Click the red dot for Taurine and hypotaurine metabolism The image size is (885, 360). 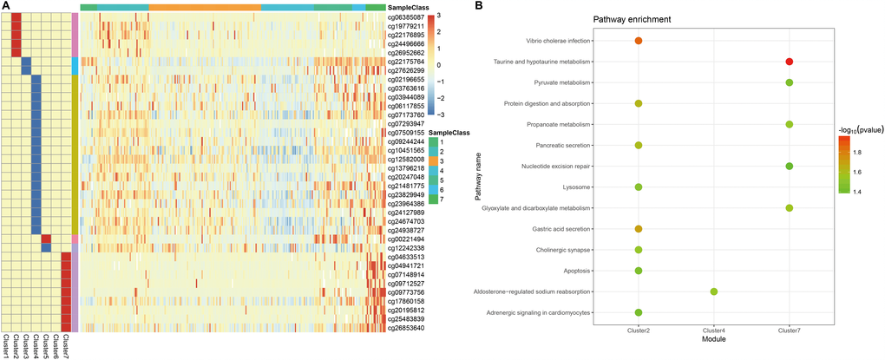tap(790, 62)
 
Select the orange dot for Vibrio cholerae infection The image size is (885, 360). tap(639, 41)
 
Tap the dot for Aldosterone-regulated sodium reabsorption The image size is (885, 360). tap(714, 291)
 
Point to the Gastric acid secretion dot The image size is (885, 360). tap(639, 228)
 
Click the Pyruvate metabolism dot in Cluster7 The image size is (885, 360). tap(790, 82)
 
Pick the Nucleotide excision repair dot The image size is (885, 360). tap(790, 166)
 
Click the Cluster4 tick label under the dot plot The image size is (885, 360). tap(714, 331)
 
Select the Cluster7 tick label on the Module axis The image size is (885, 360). tap(790, 331)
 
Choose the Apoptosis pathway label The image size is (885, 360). tap(574, 270)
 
